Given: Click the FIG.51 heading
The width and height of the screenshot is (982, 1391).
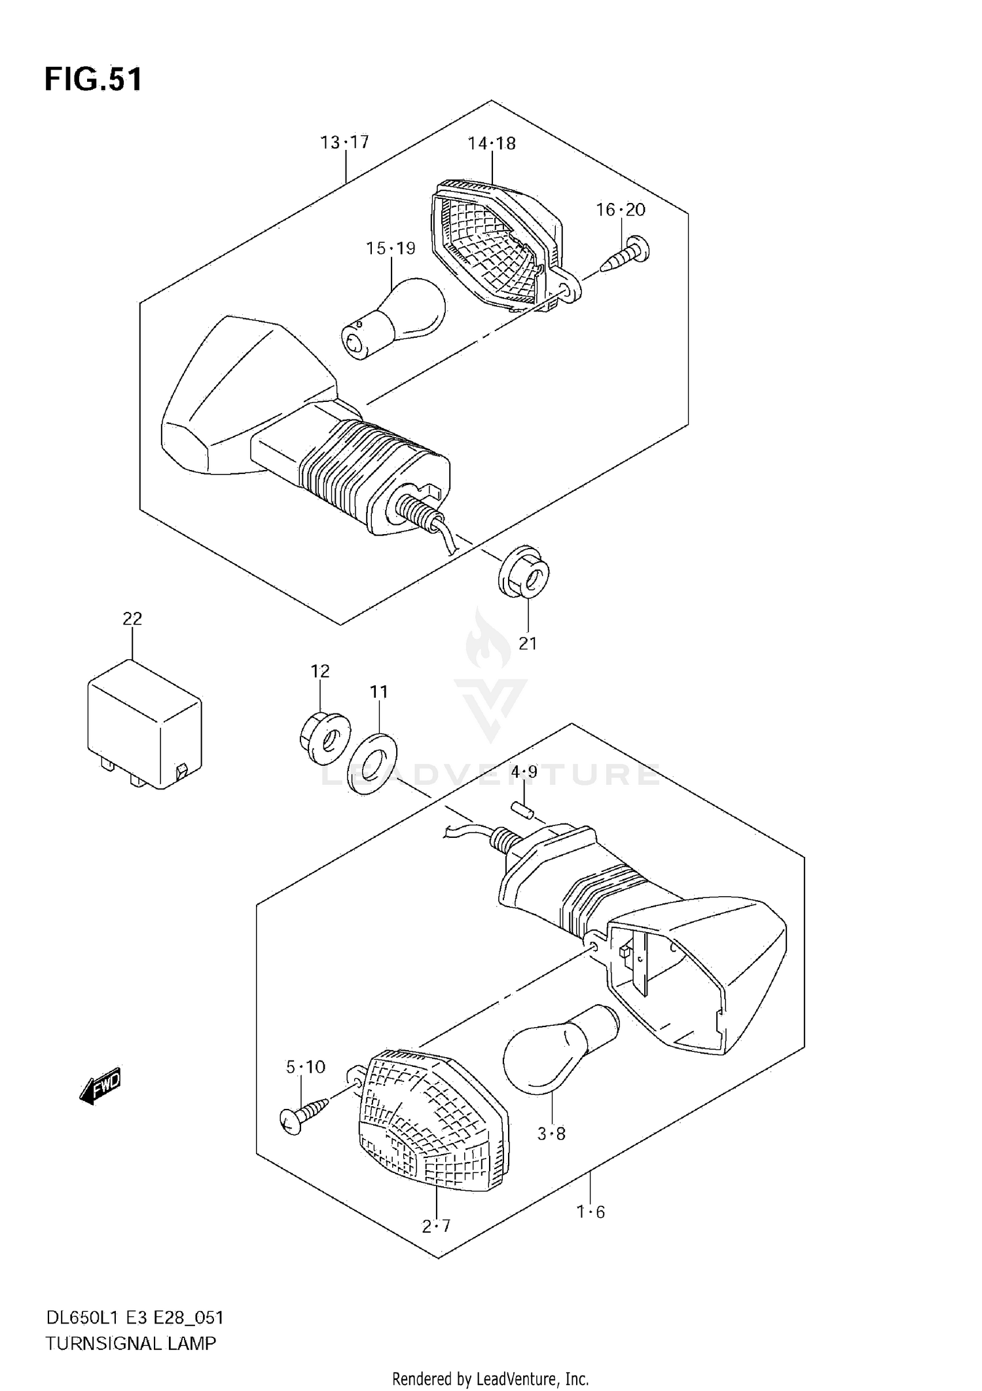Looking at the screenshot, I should (x=93, y=80).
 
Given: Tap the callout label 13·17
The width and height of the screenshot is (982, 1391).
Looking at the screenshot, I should (x=344, y=142).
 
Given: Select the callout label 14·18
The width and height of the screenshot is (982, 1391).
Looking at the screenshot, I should (x=491, y=143).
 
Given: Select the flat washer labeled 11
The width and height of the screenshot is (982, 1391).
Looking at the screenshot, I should (x=371, y=764).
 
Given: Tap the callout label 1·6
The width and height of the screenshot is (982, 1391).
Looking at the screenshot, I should (x=591, y=1212).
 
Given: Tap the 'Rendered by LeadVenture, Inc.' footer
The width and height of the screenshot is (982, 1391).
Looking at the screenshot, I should (x=490, y=1379).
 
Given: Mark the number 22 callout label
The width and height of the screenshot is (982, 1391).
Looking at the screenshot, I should (x=132, y=618).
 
